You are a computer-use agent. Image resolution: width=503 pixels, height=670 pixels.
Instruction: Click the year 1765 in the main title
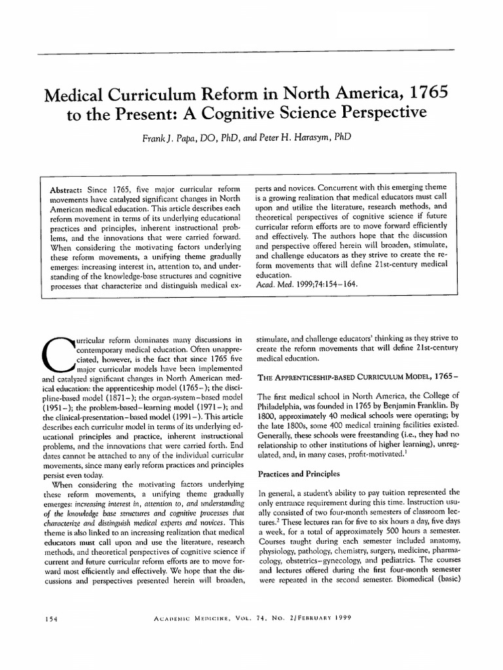click(424, 93)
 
